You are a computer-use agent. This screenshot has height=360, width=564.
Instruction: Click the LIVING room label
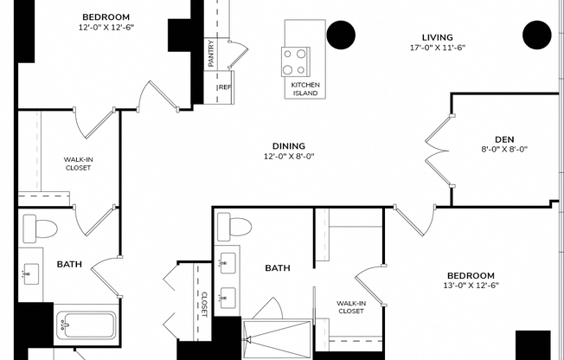[438, 36]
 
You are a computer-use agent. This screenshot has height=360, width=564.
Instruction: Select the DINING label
[289, 145]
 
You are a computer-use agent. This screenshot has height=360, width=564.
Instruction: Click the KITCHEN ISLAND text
[304, 88]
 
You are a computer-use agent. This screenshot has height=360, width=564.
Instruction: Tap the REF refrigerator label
[224, 87]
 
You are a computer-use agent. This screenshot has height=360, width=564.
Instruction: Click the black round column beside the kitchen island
[341, 35]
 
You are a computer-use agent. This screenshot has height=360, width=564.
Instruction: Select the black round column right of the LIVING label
[537, 35]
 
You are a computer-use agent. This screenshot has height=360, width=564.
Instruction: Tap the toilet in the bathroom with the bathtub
[40, 229]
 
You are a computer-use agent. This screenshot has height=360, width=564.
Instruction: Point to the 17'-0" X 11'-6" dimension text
[438, 48]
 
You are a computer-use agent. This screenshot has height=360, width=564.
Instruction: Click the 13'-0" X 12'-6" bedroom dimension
[471, 285]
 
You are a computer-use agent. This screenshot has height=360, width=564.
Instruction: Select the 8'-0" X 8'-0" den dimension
[504, 149]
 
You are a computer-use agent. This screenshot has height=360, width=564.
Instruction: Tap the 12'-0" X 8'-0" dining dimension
[289, 157]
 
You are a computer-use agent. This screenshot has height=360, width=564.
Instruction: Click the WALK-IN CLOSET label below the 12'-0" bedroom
[79, 164]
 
